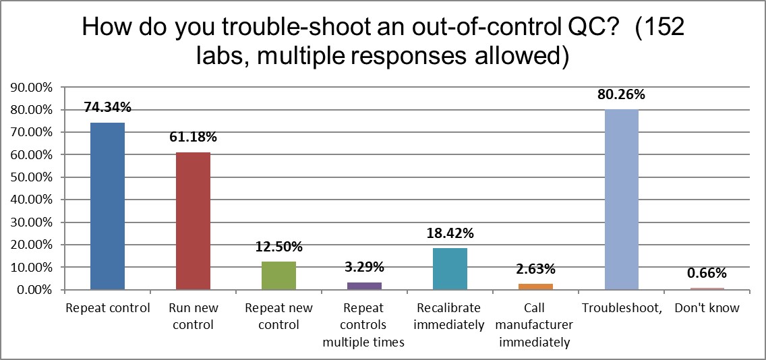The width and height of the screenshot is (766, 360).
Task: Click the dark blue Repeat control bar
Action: (x=107, y=206)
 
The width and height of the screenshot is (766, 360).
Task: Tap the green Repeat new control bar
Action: (x=278, y=276)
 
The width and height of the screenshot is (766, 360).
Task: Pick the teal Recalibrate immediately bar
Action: (x=450, y=269)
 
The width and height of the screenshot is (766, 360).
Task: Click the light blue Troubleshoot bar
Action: (x=621, y=200)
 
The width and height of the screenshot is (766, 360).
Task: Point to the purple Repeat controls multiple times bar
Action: (x=364, y=286)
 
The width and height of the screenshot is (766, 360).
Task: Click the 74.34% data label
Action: (x=107, y=107)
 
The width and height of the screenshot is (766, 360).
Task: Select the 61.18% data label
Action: (x=193, y=137)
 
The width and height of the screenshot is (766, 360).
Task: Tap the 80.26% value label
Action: (x=621, y=94)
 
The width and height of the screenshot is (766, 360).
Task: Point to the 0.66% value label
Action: (x=706, y=273)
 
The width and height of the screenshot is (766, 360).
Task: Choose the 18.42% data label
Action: (x=450, y=233)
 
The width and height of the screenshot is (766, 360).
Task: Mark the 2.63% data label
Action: (x=535, y=269)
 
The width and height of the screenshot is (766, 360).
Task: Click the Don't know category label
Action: (x=706, y=308)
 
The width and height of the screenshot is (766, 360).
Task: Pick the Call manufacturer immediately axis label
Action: (x=535, y=325)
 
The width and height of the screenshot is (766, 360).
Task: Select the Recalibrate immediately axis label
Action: (x=450, y=316)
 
